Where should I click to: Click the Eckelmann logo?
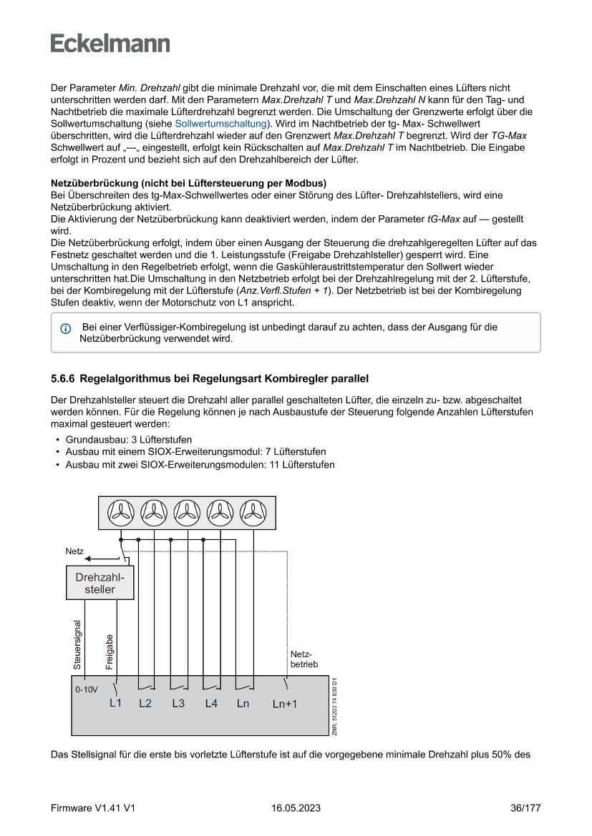pyautogui.click(x=110, y=44)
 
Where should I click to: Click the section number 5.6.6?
pyautogui.click(x=64, y=378)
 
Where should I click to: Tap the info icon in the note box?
pyautogui.click(x=66, y=328)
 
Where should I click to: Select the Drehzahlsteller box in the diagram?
pyautogui.click(x=100, y=583)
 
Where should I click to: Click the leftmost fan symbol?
pyautogui.click(x=121, y=512)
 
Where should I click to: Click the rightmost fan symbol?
pyautogui.click(x=253, y=512)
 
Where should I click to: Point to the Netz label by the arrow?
pyautogui.click(x=74, y=551)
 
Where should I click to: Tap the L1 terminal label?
pyautogui.click(x=115, y=704)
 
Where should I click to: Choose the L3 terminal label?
pyautogui.click(x=178, y=704)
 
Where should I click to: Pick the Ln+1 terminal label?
pyautogui.click(x=285, y=704)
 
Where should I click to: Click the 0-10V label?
pyautogui.click(x=86, y=690)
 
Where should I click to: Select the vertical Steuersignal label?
pyautogui.click(x=77, y=644)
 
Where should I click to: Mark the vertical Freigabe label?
pyautogui.click(x=110, y=651)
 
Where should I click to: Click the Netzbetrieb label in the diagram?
pyautogui.click(x=304, y=659)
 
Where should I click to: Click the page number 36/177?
pyautogui.click(x=525, y=808)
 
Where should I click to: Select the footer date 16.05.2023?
pyautogui.click(x=296, y=808)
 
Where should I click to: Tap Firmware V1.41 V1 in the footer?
pyautogui.click(x=93, y=808)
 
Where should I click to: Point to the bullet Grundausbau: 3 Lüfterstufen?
pyautogui.click(x=128, y=439)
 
